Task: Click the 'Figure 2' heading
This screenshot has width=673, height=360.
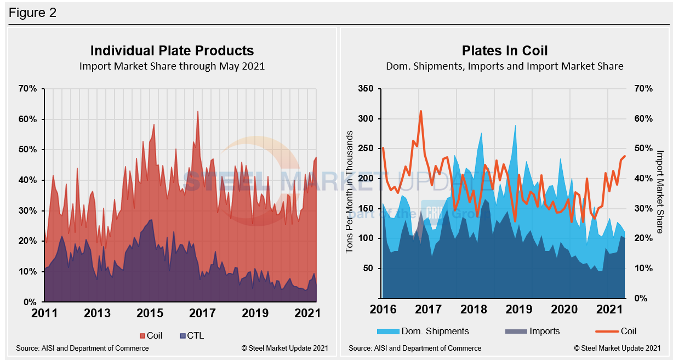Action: coord(32,12)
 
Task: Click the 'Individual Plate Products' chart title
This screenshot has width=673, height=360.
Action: coord(172,51)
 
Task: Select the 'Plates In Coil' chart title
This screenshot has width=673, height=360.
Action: coord(504,51)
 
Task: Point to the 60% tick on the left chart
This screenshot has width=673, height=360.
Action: coord(28,119)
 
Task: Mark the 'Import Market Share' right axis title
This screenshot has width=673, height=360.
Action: coord(660,191)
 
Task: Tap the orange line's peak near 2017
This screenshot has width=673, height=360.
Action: coord(420,111)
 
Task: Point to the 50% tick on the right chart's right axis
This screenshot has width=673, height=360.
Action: coord(643,148)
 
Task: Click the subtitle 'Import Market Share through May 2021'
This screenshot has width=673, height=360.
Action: coord(172,66)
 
